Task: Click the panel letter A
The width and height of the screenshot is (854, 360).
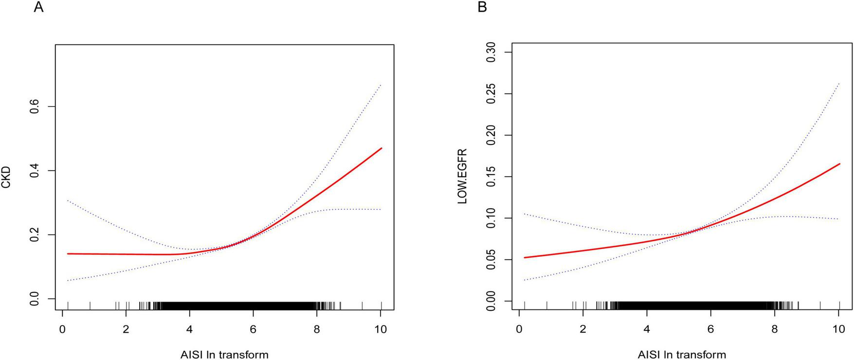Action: [38, 8]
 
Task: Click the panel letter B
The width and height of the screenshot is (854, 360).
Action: [483, 8]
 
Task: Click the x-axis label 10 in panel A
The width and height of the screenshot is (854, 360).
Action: [381, 329]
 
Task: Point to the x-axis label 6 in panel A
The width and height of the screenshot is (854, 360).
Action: [253, 329]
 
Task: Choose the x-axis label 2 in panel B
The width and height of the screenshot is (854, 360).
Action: [583, 329]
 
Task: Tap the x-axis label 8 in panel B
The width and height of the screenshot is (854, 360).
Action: [774, 329]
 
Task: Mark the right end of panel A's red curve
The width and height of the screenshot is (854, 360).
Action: [382, 148]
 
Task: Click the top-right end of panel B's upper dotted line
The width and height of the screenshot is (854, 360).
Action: [839, 83]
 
